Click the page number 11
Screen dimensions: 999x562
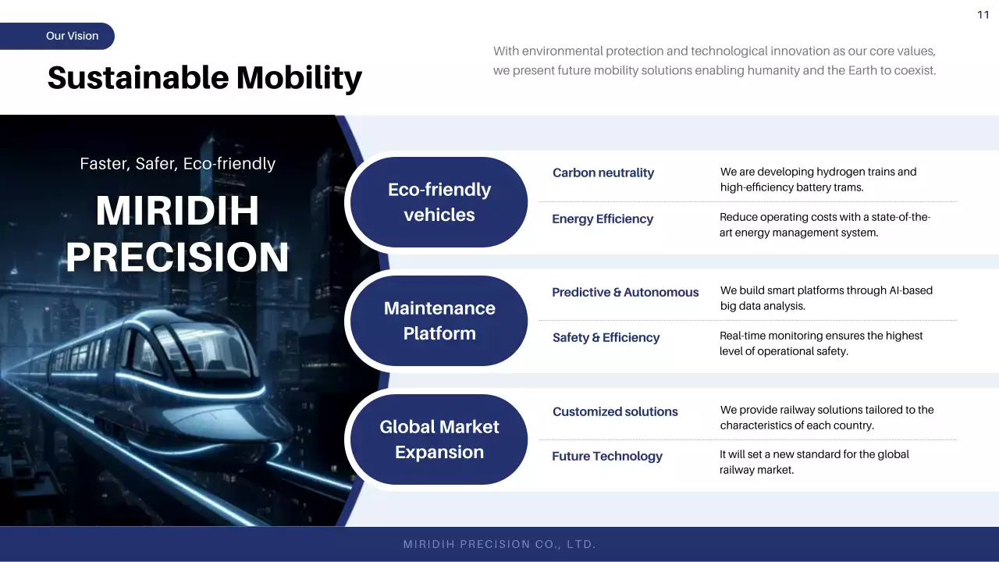point(983,15)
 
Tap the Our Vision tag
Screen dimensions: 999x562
point(57,36)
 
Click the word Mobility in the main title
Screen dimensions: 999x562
point(299,78)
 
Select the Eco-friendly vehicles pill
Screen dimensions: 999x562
point(439,202)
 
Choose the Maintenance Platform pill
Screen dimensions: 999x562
point(439,321)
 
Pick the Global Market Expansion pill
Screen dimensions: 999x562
point(439,439)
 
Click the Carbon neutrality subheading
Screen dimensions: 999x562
point(603,173)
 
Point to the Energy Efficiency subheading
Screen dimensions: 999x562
point(603,219)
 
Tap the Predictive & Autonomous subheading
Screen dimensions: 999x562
point(625,292)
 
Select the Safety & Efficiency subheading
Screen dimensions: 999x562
point(606,338)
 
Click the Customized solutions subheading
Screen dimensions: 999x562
point(615,411)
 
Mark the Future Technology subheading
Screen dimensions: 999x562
point(607,457)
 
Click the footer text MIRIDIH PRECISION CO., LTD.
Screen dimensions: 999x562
point(499,544)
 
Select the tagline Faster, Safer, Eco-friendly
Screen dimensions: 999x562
point(177,164)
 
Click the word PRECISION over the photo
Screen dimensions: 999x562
point(177,258)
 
